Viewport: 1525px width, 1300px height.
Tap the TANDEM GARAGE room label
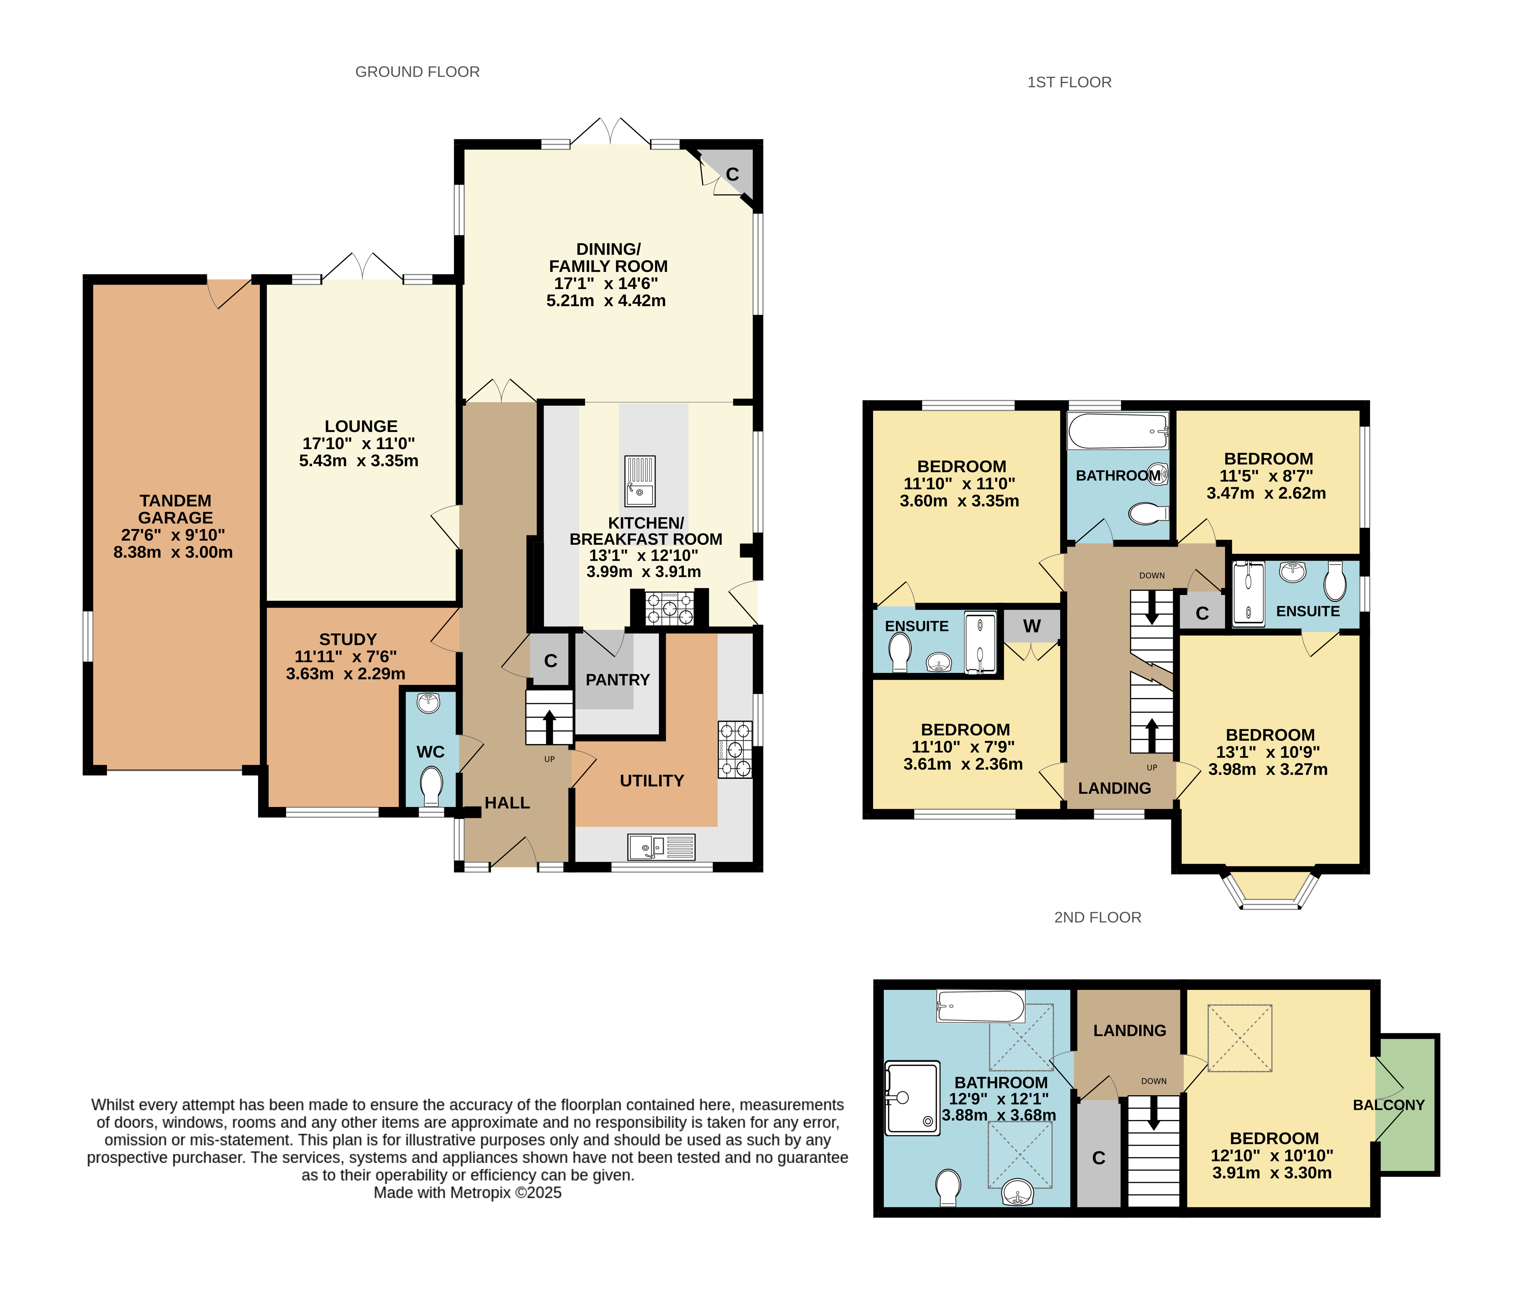pyautogui.click(x=175, y=509)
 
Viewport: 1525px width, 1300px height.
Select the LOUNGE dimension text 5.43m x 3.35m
pyautogui.click(x=358, y=460)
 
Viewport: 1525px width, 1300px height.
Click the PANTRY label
pyautogui.click(x=617, y=680)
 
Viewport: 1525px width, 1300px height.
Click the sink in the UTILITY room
pyautogui.click(x=661, y=847)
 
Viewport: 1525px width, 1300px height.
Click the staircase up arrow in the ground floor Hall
pyautogui.click(x=549, y=726)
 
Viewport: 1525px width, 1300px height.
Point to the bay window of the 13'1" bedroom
pyautogui.click(x=1271, y=891)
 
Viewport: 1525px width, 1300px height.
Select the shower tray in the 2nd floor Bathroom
pyautogui.click(x=913, y=1098)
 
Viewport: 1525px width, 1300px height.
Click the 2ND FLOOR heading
pyautogui.click(x=1097, y=917)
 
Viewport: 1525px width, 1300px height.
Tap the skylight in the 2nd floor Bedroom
pyautogui.click(x=1240, y=1038)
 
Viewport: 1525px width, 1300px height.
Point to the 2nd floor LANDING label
pyautogui.click(x=1130, y=1031)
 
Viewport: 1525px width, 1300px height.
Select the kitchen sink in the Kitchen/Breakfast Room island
pyautogui.click(x=640, y=481)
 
